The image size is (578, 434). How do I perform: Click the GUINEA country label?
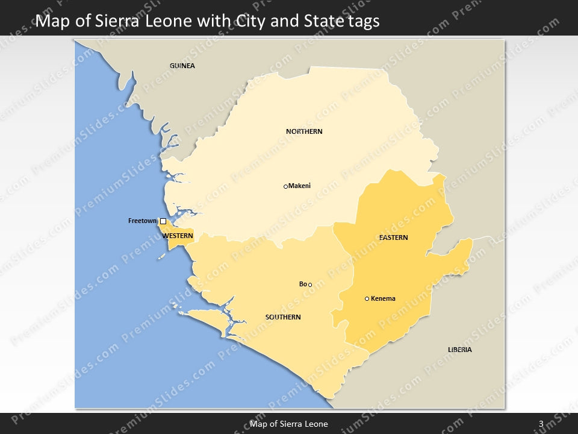click(x=182, y=66)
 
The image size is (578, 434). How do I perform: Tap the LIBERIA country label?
click(x=459, y=350)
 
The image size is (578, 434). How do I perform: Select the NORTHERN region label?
click(x=304, y=131)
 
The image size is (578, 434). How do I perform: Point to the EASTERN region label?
click(x=393, y=237)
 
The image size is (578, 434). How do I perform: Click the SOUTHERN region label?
click(x=283, y=317)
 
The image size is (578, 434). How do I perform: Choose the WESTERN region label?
click(x=178, y=236)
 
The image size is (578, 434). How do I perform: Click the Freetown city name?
click(x=143, y=221)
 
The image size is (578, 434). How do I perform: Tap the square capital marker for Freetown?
click(x=163, y=221)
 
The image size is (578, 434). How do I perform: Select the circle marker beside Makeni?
click(x=285, y=186)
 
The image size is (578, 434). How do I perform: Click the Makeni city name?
click(x=300, y=186)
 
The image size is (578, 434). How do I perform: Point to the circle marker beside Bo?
click(x=310, y=285)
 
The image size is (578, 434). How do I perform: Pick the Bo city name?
click(x=303, y=284)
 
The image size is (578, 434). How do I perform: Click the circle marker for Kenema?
click(x=367, y=298)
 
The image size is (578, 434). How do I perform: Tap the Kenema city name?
click(x=384, y=298)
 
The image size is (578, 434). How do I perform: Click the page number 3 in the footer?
click(x=541, y=424)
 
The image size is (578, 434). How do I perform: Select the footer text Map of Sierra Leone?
click(x=289, y=424)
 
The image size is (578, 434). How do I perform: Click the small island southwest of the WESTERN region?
click(x=161, y=256)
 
